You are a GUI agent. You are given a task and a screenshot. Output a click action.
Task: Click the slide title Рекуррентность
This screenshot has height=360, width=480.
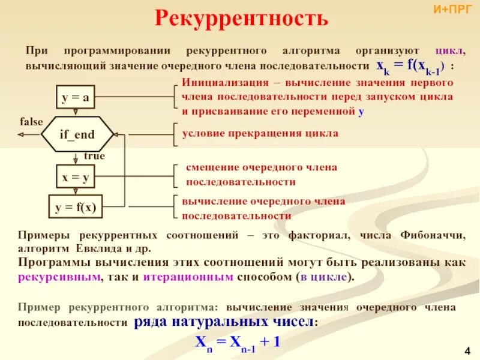pos(242,19)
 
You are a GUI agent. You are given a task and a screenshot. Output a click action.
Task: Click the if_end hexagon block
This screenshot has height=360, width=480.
pos(76,135)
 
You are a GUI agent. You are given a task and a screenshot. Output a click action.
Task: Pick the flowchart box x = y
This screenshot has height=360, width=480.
pos(75,177)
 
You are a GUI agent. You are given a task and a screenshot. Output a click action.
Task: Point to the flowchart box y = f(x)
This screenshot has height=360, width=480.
pos(75,208)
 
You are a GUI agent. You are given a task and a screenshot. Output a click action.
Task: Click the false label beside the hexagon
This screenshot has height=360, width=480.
pos(31,122)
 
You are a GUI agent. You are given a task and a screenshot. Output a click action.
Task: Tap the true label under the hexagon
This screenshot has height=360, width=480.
pos(94,156)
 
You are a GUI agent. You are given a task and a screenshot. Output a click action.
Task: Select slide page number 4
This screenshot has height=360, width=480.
pos(467,350)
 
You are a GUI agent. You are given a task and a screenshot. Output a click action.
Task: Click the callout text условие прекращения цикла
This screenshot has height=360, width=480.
pos(260,133)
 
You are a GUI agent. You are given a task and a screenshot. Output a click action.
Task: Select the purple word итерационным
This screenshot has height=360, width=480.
pos(194,278)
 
